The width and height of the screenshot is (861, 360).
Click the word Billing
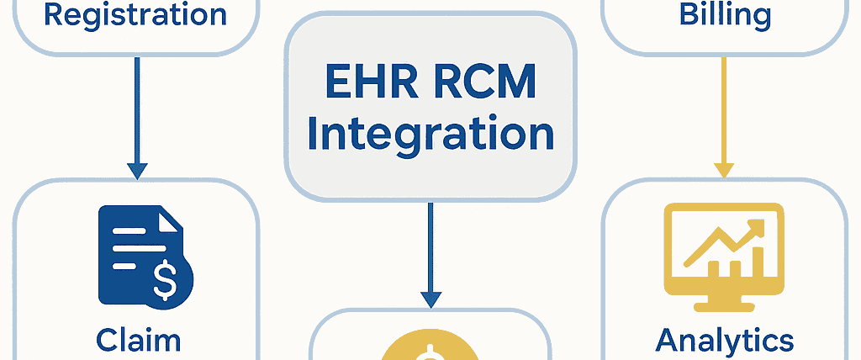click(726, 14)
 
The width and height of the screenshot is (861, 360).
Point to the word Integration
click(430, 135)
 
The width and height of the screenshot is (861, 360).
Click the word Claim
click(139, 340)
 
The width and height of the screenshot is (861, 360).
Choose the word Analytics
click(724, 340)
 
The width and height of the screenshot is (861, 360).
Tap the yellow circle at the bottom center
click(430, 345)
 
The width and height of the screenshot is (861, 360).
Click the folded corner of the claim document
click(171, 221)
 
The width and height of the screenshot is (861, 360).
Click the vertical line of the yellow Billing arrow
click(723, 109)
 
